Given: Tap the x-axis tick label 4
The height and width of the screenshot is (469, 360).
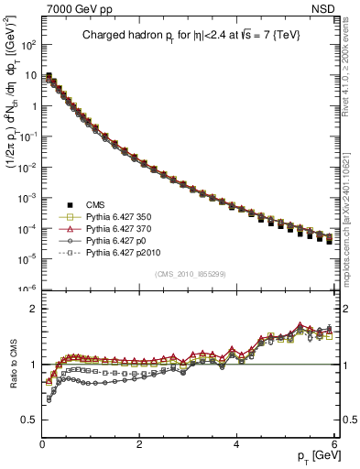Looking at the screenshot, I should pyautogui.click(x=236, y=444).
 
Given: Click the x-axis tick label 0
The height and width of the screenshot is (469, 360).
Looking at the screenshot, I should pyautogui.click(x=42, y=444).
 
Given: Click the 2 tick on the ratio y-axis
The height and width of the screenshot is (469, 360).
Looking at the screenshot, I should pyautogui.click(x=33, y=310).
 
